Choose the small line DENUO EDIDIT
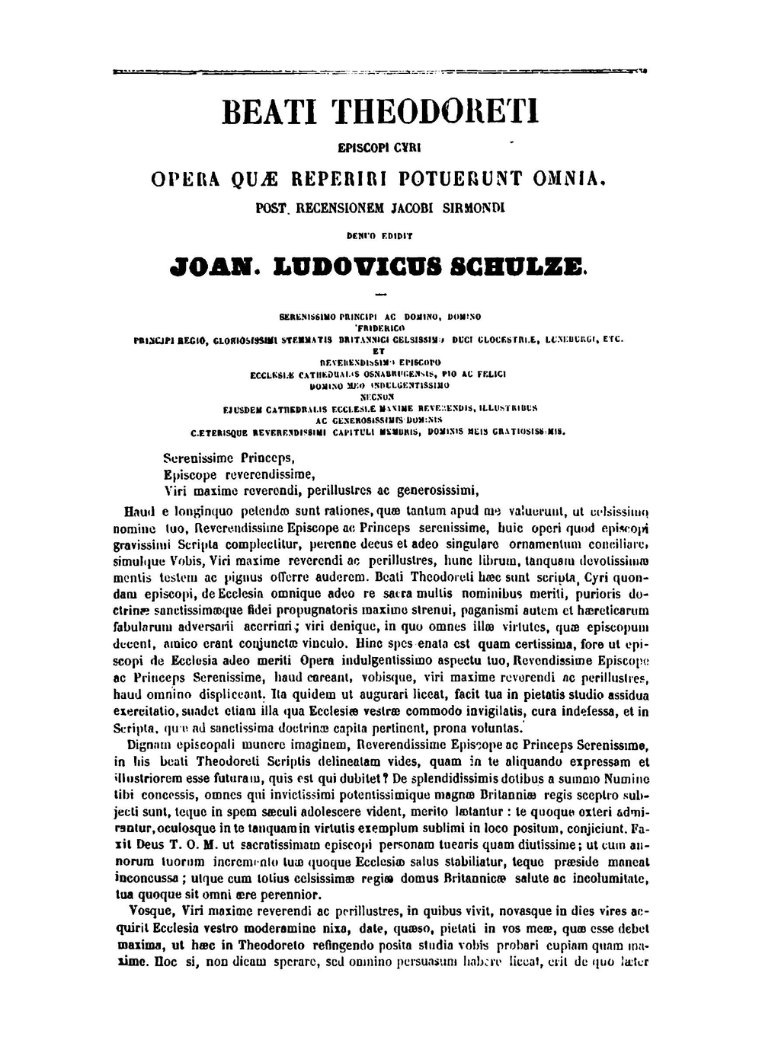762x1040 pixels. (380, 237)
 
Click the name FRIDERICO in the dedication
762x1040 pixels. (380, 325)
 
